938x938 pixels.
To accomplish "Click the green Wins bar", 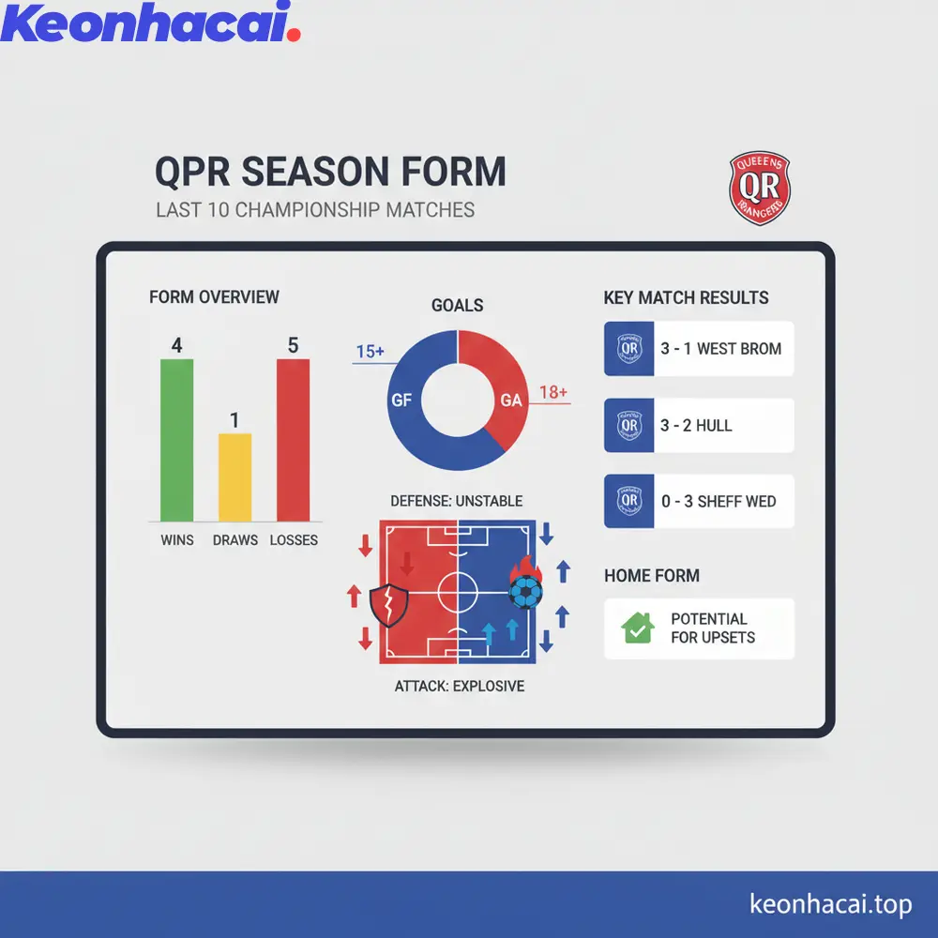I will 176,441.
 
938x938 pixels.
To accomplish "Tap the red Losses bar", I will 293,441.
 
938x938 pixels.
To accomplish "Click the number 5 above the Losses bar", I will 293,346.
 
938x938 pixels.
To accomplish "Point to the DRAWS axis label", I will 234,540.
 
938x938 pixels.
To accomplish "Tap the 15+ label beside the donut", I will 371,353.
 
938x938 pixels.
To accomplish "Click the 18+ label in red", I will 553,393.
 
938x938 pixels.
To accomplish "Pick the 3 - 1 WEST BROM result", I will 720,349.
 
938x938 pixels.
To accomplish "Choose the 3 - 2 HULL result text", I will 696,426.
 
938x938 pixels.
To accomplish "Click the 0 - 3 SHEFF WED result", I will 719,502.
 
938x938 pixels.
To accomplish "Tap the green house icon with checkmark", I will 638,628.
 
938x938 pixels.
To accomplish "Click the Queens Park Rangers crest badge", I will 759,189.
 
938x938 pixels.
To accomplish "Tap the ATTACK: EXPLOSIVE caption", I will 459,687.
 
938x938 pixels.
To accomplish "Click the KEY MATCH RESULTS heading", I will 686,298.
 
